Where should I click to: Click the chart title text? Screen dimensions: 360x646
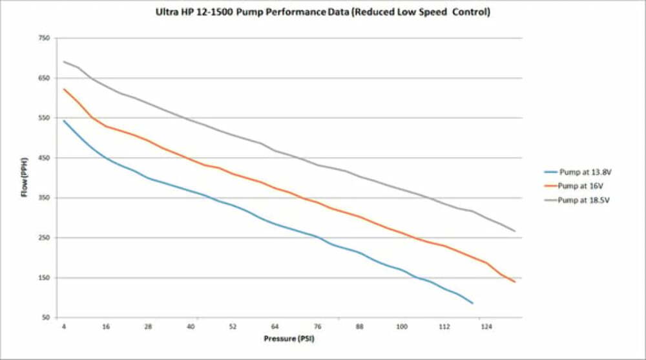[323, 12]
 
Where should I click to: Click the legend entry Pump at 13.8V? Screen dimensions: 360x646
[584, 172]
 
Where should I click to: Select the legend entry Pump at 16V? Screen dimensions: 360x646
[581, 186]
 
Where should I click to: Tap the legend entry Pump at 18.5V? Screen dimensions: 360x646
[584, 200]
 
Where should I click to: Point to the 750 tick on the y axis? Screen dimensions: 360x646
[44, 38]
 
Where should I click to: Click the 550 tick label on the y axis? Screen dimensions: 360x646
[44, 118]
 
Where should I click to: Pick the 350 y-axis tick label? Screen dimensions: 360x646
[44, 198]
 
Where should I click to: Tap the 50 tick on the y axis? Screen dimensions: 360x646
[46, 318]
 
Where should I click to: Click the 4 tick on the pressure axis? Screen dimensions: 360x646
[64, 327]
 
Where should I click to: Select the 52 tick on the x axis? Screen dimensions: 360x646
[233, 327]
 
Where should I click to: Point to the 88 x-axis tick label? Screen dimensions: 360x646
[359, 327]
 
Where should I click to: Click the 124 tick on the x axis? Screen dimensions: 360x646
[486, 327]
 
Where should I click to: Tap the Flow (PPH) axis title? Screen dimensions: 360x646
[24, 178]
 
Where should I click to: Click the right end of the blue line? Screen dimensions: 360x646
[473, 303]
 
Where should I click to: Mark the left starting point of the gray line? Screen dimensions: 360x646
[64, 62]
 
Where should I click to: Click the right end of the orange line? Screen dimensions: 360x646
[515, 282]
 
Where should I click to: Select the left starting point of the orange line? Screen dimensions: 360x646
[64, 89]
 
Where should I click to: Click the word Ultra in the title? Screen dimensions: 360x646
[167, 12]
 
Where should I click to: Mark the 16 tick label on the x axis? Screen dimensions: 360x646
[106, 327]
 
